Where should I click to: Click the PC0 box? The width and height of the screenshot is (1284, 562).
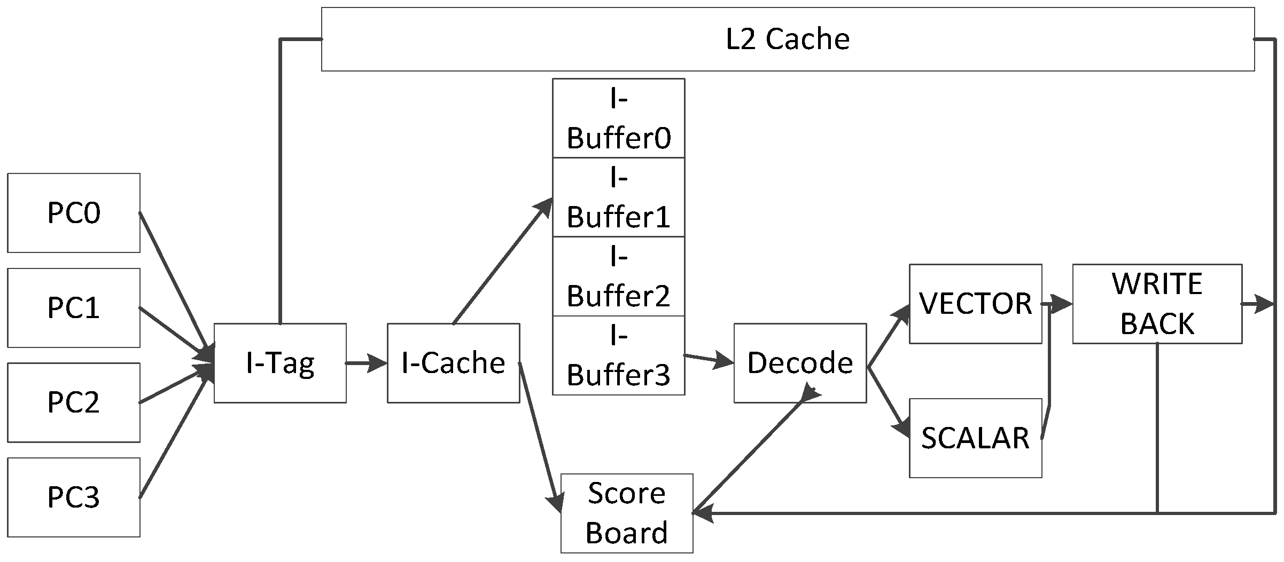[74, 212]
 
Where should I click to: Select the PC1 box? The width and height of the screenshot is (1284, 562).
[74, 307]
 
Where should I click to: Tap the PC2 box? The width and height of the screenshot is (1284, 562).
[74, 402]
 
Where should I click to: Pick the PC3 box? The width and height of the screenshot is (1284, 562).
[74, 497]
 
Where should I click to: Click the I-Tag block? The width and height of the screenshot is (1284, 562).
[280, 363]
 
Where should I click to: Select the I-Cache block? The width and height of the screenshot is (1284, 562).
[453, 363]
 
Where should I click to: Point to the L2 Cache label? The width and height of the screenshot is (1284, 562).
[788, 39]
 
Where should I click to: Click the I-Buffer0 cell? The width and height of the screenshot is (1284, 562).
[618, 118]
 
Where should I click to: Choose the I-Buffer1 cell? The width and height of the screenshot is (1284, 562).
[618, 197]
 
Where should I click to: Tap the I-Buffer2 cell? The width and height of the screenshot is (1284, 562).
[618, 276]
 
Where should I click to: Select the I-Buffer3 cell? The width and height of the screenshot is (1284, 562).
[618, 355]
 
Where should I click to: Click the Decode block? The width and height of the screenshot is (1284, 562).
[800, 363]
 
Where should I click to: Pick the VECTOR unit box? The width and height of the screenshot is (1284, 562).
[975, 304]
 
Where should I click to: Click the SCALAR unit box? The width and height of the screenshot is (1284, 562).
[975, 438]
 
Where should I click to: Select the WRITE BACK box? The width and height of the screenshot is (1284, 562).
[1157, 304]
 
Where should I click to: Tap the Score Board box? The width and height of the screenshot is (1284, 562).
[626, 513]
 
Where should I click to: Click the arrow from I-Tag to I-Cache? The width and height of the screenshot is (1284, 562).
[367, 363]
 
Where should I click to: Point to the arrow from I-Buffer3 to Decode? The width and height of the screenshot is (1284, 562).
[709, 359]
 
